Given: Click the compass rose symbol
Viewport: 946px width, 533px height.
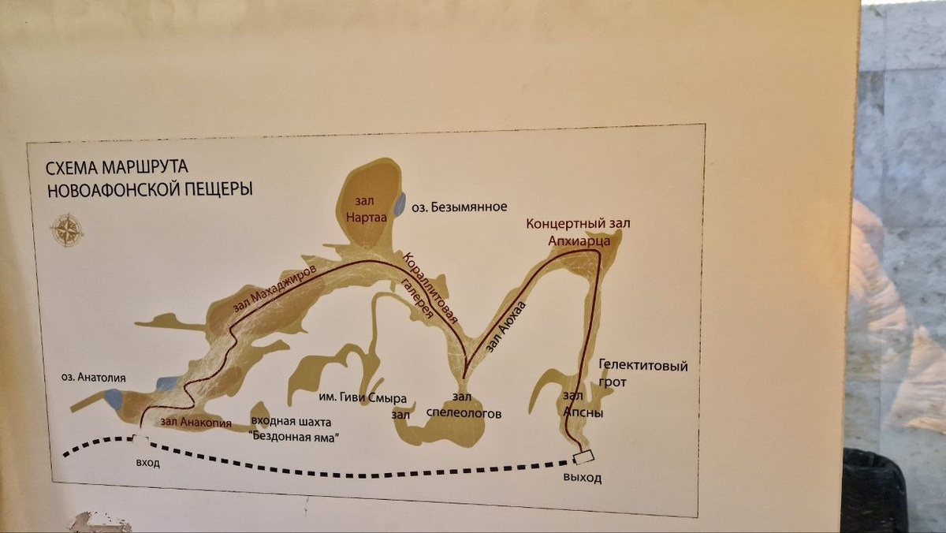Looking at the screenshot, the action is point(67,229).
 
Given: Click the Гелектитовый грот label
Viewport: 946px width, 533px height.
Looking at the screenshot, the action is point(642,374).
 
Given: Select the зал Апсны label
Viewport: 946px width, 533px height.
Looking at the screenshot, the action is point(583,402).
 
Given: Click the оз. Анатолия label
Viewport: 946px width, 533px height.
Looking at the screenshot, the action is point(94,377).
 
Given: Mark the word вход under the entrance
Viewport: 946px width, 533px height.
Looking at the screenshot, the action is point(147,463).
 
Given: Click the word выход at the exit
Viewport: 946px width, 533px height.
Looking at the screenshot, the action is point(582,478).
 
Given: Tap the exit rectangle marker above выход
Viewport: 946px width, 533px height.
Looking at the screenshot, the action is point(584,457).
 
